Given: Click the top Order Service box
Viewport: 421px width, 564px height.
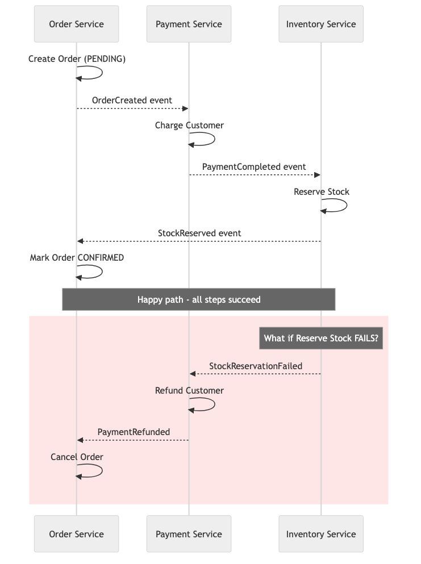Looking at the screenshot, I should click(76, 24).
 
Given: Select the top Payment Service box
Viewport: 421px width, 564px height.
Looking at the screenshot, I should click(189, 24).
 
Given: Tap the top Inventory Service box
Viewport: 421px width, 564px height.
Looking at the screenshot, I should click(320, 24).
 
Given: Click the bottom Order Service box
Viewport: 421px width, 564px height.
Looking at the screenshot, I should click(76, 534).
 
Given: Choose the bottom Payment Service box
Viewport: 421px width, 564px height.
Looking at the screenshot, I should click(189, 534).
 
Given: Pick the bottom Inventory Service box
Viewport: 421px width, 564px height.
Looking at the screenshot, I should click(320, 534).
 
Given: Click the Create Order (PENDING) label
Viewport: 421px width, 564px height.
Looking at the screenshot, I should click(77, 59).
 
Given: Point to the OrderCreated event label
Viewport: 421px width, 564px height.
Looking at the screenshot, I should click(132, 100).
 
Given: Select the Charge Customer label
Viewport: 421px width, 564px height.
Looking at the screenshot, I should click(189, 125).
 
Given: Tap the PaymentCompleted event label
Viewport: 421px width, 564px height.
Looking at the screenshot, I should click(254, 166).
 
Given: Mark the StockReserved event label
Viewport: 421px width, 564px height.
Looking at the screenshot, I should click(199, 233).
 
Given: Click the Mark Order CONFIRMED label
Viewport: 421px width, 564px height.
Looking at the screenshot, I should click(77, 258).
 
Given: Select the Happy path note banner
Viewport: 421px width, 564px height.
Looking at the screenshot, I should click(199, 299).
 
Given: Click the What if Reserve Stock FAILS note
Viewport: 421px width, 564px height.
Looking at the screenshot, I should click(320, 339).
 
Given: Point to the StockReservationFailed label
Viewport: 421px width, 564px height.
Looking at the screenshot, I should click(255, 366).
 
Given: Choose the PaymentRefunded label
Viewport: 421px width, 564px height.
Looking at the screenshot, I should click(134, 432).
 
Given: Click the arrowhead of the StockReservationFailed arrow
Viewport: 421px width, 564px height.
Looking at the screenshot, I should click(193, 374).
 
